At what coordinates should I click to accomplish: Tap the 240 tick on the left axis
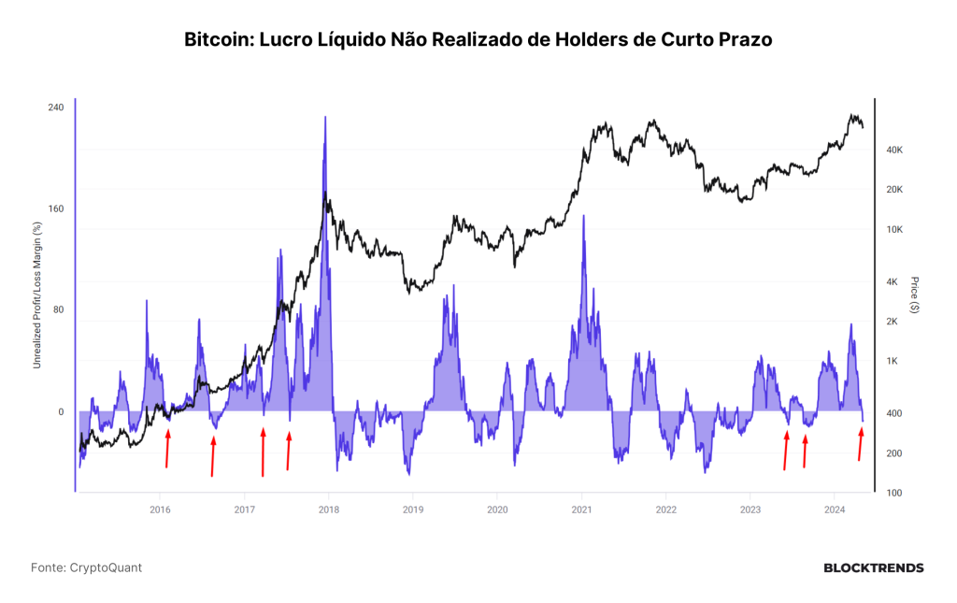(x=55, y=108)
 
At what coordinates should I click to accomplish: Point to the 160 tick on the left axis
(x=55, y=208)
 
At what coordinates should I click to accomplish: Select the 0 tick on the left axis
(x=61, y=412)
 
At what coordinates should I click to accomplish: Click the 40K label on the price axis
(x=894, y=151)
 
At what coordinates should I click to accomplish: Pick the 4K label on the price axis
(x=892, y=282)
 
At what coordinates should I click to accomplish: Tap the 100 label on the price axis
(x=893, y=493)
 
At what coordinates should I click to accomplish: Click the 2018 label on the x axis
(x=328, y=510)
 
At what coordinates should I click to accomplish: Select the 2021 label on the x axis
(x=581, y=510)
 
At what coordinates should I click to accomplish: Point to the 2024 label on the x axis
(x=835, y=510)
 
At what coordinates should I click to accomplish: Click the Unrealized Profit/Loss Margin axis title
(x=37, y=295)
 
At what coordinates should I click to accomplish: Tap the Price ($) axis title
(x=914, y=294)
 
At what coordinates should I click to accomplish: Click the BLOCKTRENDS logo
(x=874, y=568)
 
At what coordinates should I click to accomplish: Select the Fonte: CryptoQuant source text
(x=86, y=567)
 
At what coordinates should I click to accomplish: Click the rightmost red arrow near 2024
(x=861, y=444)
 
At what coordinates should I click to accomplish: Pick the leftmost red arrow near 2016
(x=167, y=448)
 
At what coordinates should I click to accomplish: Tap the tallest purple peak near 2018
(x=325, y=117)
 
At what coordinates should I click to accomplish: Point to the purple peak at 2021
(x=583, y=216)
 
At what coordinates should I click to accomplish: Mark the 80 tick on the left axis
(x=58, y=310)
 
